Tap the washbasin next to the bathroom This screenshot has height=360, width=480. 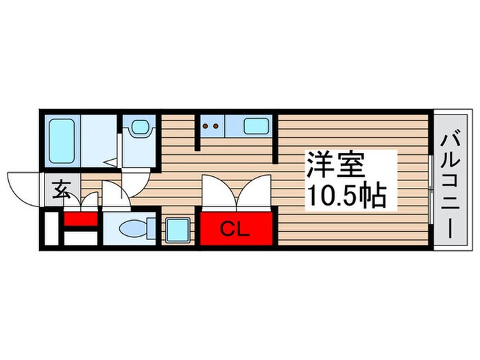140,128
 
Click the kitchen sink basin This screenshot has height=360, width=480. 256,127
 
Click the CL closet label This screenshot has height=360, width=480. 235,228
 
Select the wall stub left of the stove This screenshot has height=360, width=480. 198,130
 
